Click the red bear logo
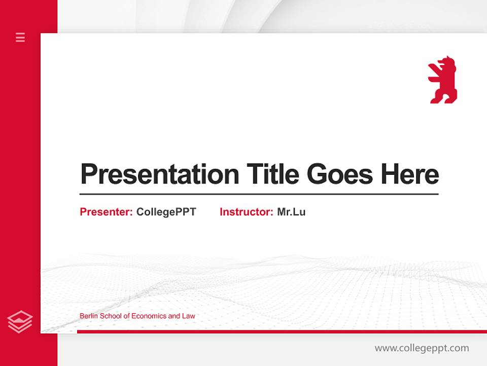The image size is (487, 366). click(443, 80)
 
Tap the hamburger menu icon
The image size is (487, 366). click(20, 37)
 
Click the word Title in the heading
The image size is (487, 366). click(273, 174)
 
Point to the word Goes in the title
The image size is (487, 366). click(341, 174)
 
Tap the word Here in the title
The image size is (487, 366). click(410, 174)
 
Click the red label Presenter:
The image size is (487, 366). click(106, 212)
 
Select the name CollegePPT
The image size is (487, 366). click(166, 212)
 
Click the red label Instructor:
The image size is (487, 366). click(246, 212)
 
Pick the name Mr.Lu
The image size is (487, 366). click(291, 212)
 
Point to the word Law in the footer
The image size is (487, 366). click(189, 316)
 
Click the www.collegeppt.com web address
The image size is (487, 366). click(422, 348)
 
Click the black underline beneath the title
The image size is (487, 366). click(259, 194)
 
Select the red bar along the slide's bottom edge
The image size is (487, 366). click(282, 331)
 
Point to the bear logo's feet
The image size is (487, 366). click(443, 100)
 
